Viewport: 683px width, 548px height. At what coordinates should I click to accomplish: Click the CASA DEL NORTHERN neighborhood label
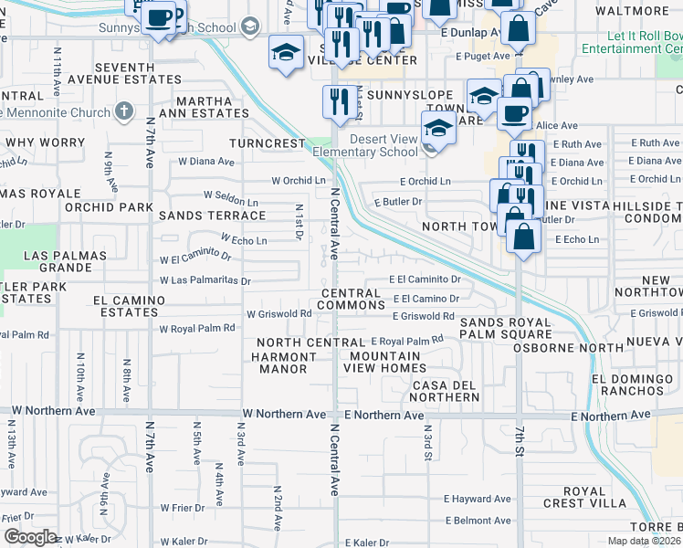446,391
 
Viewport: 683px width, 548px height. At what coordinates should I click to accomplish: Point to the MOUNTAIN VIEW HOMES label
384,362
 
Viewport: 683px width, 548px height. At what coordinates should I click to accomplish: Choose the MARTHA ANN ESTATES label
205,107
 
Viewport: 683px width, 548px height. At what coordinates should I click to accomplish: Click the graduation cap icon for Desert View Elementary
438,129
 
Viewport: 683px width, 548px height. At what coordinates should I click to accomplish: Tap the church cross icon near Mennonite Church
124,112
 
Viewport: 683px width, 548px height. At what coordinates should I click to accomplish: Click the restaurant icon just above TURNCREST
341,102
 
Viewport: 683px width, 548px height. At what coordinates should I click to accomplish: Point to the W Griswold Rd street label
279,313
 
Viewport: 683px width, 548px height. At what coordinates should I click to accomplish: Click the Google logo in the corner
30,537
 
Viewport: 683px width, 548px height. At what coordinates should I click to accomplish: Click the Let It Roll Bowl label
644,46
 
